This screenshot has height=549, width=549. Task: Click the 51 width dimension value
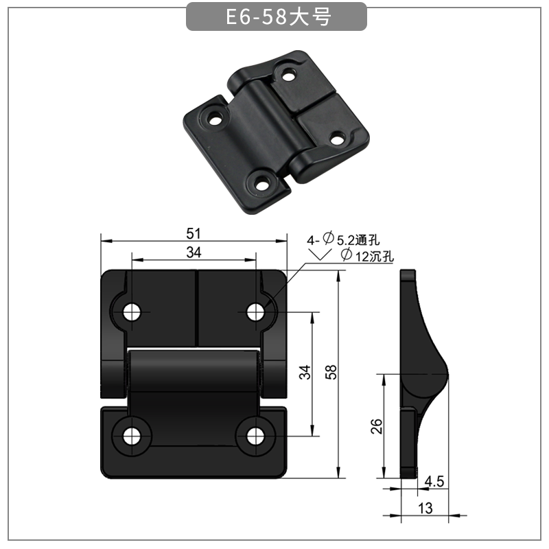coord(194,233)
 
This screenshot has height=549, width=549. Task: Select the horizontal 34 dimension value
coord(194,253)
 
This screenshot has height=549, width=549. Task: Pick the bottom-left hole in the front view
coord(132,435)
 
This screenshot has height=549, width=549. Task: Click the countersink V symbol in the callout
coord(318,255)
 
